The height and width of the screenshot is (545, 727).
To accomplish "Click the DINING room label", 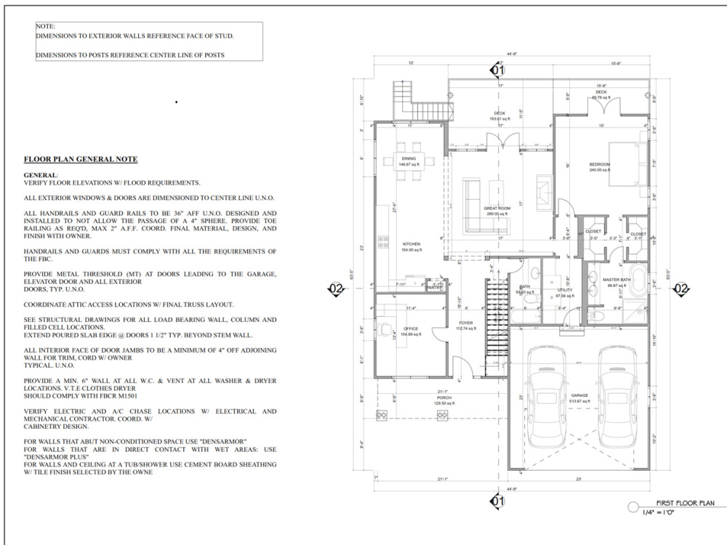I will (x=408, y=158).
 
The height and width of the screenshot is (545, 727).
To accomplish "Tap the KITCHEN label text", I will (x=411, y=244).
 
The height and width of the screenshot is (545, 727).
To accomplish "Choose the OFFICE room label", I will (x=411, y=329).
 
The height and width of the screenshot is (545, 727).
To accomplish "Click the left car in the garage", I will (x=545, y=396).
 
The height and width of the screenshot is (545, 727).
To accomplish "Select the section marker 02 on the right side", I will (x=681, y=289).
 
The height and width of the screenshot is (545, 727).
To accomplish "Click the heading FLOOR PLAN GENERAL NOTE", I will (x=81, y=159).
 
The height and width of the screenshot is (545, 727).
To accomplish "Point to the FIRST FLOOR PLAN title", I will (x=686, y=503).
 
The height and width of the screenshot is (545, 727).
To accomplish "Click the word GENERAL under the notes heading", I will (x=40, y=175).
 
